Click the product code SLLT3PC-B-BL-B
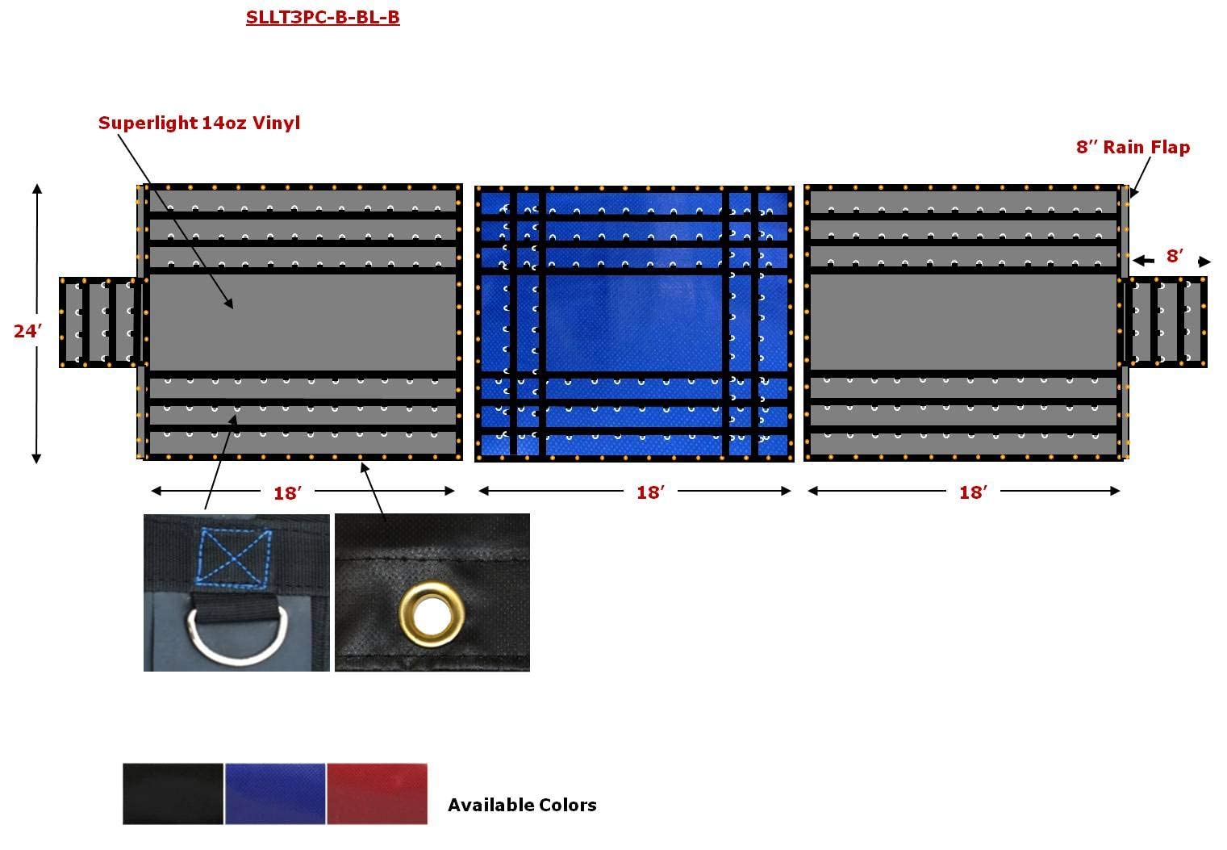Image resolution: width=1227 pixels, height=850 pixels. (x=323, y=17)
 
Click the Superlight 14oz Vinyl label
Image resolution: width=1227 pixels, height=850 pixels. (x=199, y=123)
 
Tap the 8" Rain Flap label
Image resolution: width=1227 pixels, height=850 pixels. (x=1133, y=147)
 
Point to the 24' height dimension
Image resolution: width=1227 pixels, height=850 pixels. (x=27, y=330)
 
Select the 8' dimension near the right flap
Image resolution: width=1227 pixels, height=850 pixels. (x=1175, y=256)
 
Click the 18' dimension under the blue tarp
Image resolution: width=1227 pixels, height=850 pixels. (x=649, y=492)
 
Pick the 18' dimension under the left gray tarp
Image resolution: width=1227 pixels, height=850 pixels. (x=286, y=492)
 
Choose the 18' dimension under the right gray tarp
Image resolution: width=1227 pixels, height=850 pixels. (x=973, y=492)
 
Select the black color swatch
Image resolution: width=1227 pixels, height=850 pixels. (x=173, y=794)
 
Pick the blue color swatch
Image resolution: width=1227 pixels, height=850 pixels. (x=275, y=794)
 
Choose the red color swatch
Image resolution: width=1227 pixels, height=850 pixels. (x=378, y=794)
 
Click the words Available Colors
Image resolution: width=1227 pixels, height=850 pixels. (x=522, y=805)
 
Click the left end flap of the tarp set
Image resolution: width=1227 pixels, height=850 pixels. (x=102, y=323)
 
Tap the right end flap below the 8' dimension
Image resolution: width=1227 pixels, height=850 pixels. (x=1166, y=322)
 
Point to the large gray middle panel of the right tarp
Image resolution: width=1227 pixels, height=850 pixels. (x=964, y=323)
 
